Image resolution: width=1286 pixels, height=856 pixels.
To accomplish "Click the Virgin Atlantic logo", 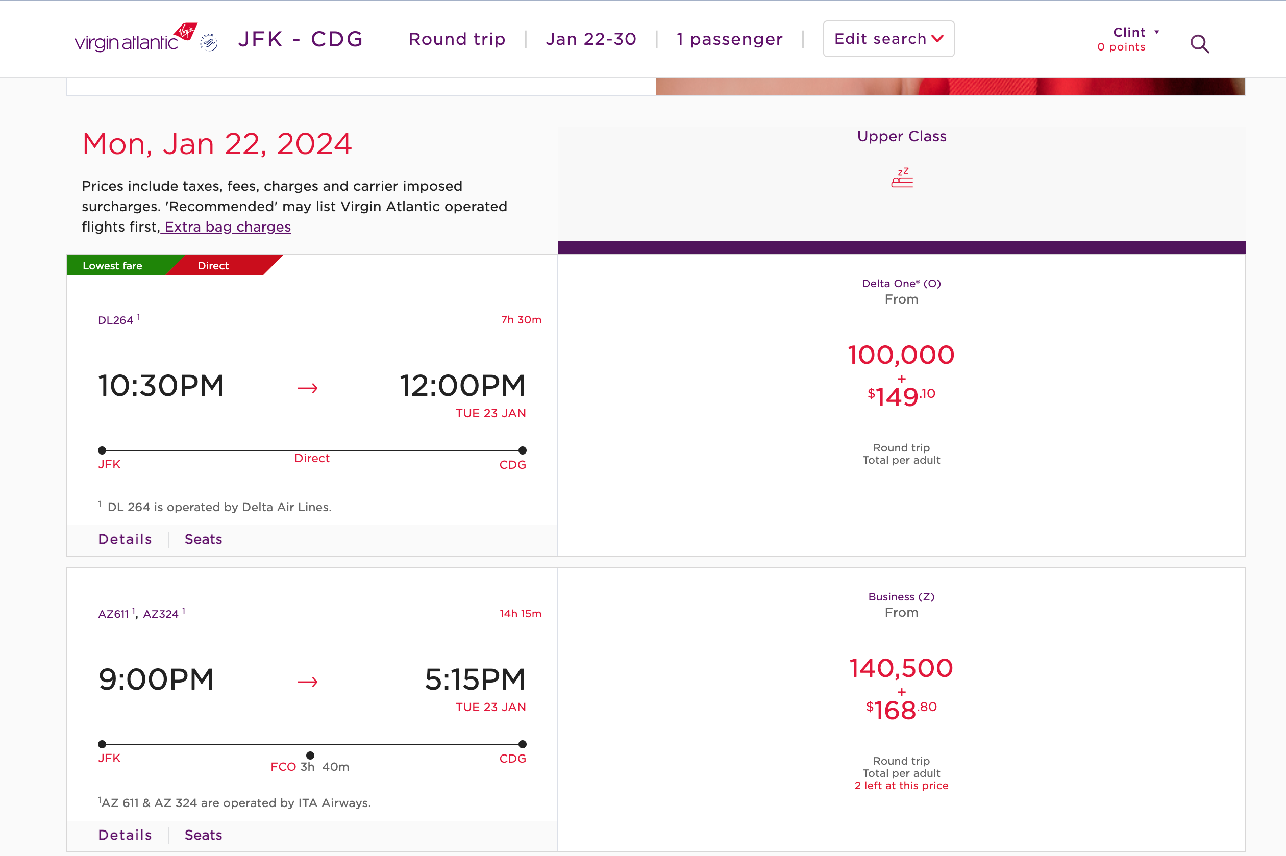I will coord(135,38).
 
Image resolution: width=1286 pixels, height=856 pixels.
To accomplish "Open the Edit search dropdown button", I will coord(888,39).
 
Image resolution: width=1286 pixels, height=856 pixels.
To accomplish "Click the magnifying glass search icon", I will coord(1199,44).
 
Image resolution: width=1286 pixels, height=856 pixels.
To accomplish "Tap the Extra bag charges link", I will coord(227,226).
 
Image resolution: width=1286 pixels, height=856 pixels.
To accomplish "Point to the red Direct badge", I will coord(213,266).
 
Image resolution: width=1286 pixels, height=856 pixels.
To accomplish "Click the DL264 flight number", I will coord(116,320).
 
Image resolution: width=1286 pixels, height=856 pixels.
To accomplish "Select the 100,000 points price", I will coord(901,355).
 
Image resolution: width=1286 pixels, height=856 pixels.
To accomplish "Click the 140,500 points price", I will coord(901,668).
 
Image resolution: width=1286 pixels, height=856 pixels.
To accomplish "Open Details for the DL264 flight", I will coord(125,539).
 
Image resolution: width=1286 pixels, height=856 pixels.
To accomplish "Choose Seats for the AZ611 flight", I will coord(203,835).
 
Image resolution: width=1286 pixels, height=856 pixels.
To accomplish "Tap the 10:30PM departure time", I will coord(161,386).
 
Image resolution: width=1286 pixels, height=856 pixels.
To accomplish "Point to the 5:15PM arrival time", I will coord(475,679).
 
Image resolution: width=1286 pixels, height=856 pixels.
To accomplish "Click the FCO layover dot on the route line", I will coord(310,756).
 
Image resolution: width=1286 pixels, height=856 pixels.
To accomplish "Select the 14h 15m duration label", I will coord(520,614).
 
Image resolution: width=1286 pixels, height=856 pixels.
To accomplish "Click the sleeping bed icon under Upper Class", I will coord(902,178).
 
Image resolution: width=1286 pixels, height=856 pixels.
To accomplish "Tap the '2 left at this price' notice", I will coord(901,786).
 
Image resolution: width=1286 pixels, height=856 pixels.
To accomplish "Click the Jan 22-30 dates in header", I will coord(591,39).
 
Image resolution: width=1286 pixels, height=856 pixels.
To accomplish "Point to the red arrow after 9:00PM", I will coord(307,682).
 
